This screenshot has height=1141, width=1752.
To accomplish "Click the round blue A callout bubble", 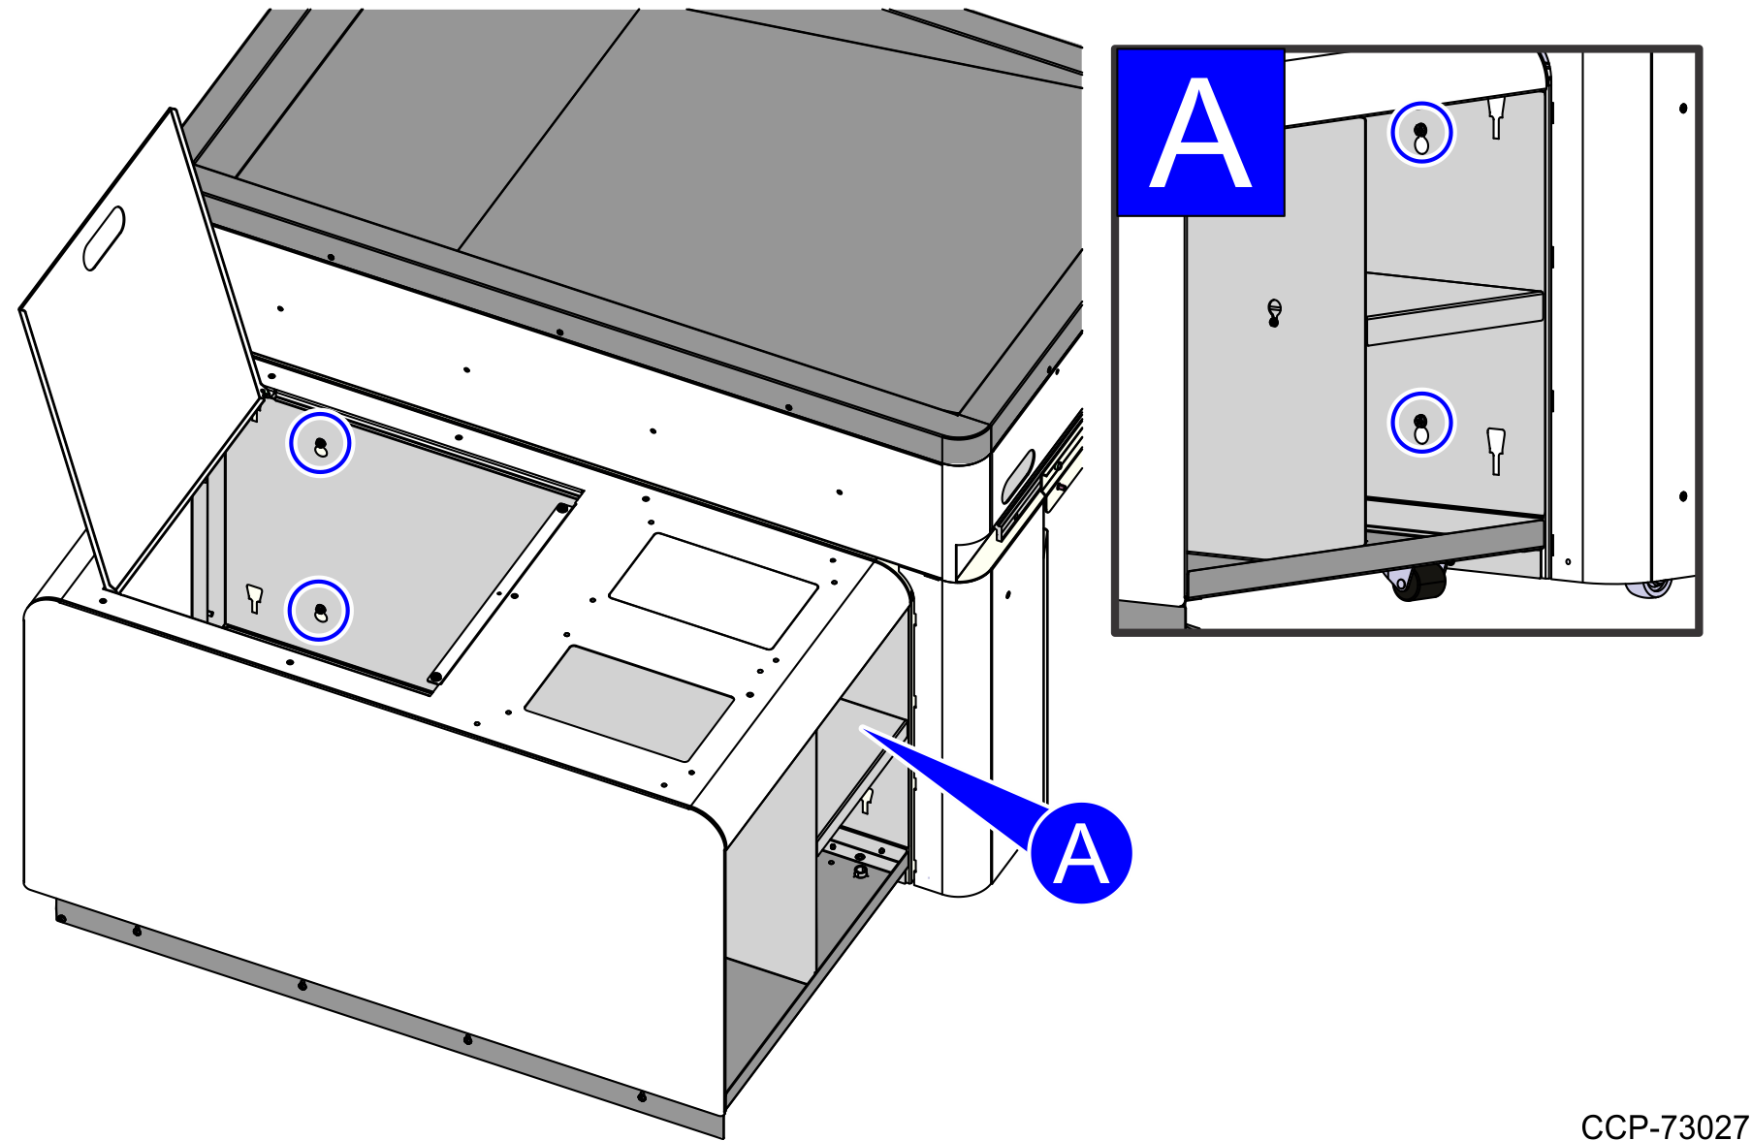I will pyautogui.click(x=1080, y=853).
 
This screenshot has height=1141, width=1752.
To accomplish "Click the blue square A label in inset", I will pyautogui.click(x=1200, y=133).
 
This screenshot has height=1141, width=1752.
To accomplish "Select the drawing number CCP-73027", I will pyautogui.click(x=1664, y=1127).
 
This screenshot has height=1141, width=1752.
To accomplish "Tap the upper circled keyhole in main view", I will pyautogui.click(x=320, y=444).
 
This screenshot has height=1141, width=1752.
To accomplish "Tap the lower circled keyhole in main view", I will pyautogui.click(x=319, y=611).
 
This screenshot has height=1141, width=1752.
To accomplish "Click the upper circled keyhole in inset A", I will pyautogui.click(x=1421, y=133).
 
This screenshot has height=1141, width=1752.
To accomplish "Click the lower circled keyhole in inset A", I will pyautogui.click(x=1421, y=423).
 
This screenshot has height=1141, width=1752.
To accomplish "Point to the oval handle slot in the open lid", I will pyautogui.click(x=104, y=238).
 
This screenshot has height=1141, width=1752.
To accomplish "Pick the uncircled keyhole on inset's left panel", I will pyautogui.click(x=1274, y=312).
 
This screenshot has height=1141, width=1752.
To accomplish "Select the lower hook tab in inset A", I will pyautogui.click(x=1496, y=450).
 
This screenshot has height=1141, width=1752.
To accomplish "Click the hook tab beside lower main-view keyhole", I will pyautogui.click(x=254, y=598).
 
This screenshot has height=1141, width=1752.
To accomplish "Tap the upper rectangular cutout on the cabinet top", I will pyautogui.click(x=714, y=590).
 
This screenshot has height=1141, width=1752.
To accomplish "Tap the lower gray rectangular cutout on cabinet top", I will pyautogui.click(x=628, y=703).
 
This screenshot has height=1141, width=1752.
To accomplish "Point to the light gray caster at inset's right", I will pyautogui.click(x=1654, y=586).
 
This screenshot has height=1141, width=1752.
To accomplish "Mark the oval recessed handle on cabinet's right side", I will pyautogui.click(x=1016, y=477).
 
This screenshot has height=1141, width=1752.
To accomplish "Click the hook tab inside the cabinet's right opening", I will pyautogui.click(x=867, y=801).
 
